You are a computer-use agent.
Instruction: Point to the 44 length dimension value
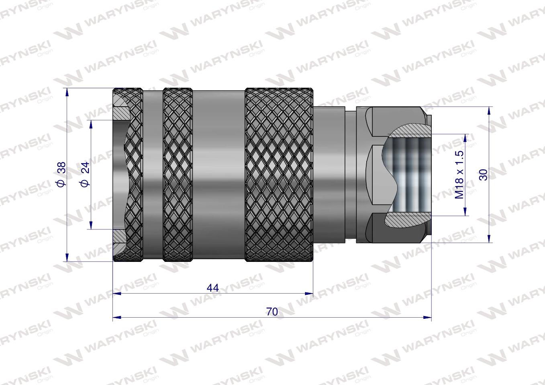pyautogui.click(x=212, y=288)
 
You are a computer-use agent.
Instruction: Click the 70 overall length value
pyautogui.click(x=272, y=312)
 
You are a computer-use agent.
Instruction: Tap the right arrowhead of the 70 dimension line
pyautogui.click(x=428, y=318)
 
